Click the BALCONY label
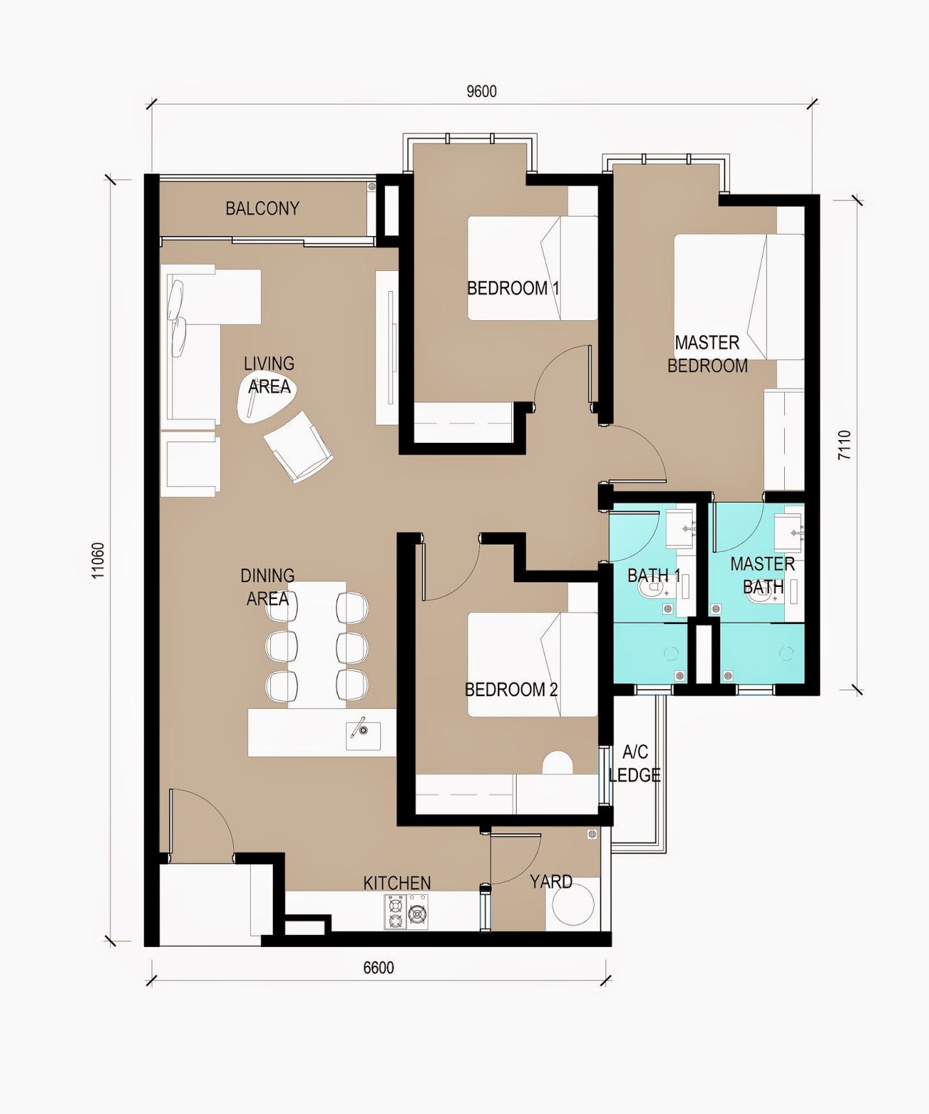tap(262, 208)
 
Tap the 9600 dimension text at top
tap(481, 92)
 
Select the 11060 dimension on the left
tap(98, 560)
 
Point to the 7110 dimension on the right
tap(844, 445)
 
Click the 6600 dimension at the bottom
tap(378, 968)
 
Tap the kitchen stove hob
tap(406, 911)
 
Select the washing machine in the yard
tap(573, 904)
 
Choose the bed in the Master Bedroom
tap(738, 297)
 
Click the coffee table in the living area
tap(267, 398)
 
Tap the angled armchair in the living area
tap(298, 446)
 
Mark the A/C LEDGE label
tap(634, 763)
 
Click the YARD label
tap(551, 881)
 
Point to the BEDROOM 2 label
tap(511, 689)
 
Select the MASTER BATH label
tap(763, 575)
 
